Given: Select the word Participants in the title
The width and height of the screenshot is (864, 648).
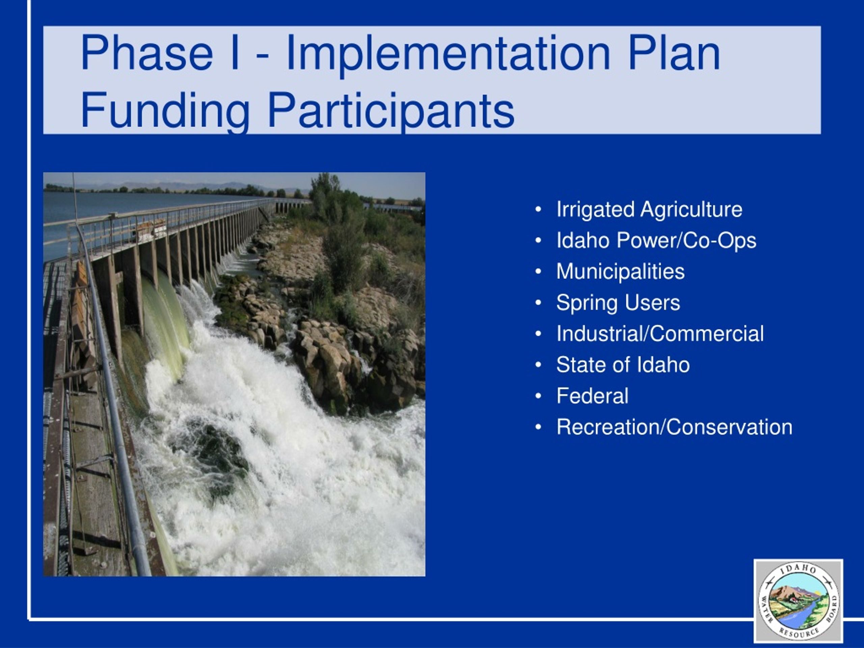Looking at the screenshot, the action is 391,111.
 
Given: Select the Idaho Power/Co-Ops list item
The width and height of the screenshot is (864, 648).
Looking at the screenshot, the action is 656,241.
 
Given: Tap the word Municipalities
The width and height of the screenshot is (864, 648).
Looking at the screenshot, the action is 620,272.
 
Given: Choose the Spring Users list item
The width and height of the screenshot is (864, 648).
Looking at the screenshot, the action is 618,303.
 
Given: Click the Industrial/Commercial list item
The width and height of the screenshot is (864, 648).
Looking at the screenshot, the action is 660,333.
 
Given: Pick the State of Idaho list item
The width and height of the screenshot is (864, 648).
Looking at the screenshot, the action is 623,365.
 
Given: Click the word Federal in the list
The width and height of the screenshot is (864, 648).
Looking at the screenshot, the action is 593,396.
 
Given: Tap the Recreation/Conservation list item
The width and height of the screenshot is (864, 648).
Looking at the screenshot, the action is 675,427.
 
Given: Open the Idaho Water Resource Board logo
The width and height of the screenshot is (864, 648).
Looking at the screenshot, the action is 798,601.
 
